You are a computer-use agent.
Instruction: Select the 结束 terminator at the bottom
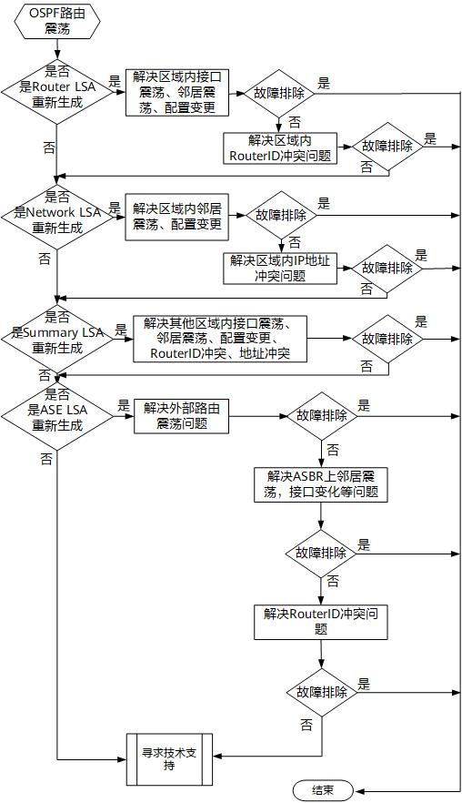click(x=322, y=789)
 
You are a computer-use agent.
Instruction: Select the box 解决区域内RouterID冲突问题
click(x=279, y=147)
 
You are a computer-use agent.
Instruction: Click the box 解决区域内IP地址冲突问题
click(x=279, y=268)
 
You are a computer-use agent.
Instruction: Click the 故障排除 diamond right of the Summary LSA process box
click(x=387, y=338)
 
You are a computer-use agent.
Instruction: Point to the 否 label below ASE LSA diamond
click(x=46, y=458)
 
